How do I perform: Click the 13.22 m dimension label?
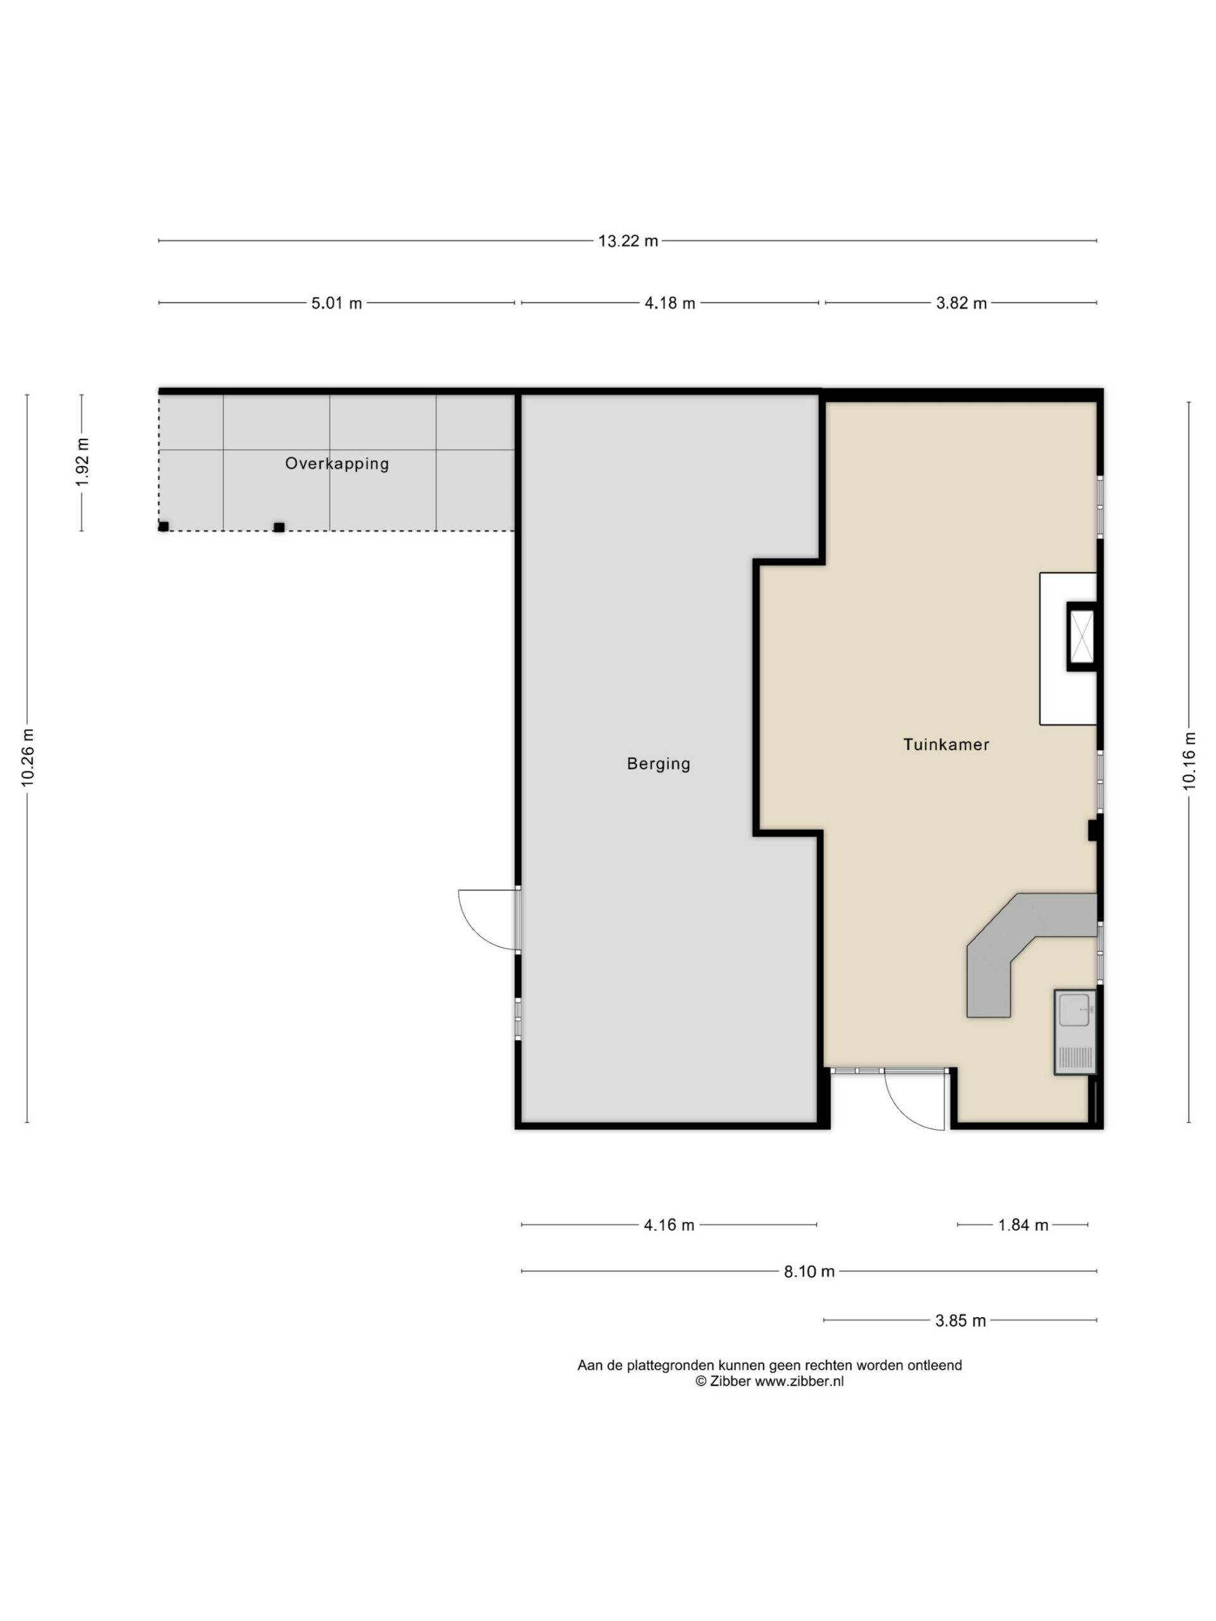pyautogui.click(x=628, y=241)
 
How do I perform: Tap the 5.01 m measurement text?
pyautogui.click(x=336, y=303)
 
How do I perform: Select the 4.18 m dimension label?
pyautogui.click(x=669, y=303)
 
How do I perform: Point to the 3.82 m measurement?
pyautogui.click(x=961, y=303)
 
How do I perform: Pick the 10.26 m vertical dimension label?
pyautogui.click(x=28, y=758)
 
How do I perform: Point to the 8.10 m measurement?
pyautogui.click(x=809, y=1271)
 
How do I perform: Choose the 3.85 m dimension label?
pyautogui.click(x=960, y=1320)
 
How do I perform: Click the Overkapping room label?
pyautogui.click(x=336, y=463)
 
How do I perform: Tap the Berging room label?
pyautogui.click(x=658, y=764)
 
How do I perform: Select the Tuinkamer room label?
pyautogui.click(x=946, y=745)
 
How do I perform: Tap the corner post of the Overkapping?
pyautogui.click(x=163, y=526)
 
